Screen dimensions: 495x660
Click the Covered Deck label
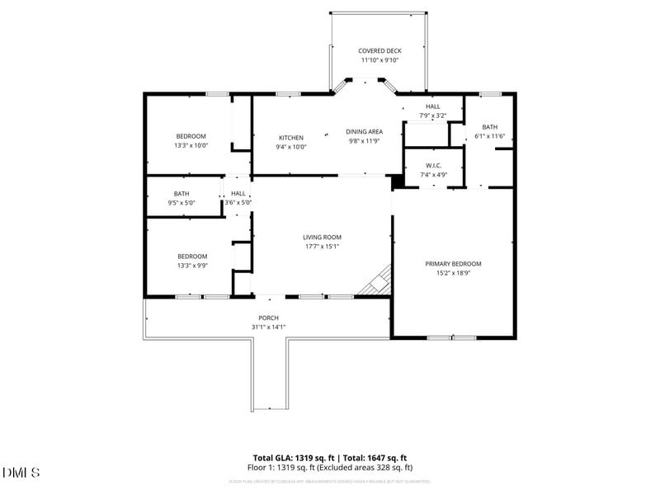[379, 50]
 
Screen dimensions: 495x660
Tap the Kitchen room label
[290, 138]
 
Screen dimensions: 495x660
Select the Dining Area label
[364, 131]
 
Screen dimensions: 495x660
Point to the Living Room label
[322, 237]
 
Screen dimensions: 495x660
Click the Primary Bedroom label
[453, 264]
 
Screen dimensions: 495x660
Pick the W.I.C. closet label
[433, 165]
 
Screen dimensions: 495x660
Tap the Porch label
[268, 318]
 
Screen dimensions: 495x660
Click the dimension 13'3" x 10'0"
[191, 145]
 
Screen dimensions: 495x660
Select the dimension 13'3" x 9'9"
[191, 265]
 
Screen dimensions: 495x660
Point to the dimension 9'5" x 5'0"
[181, 202]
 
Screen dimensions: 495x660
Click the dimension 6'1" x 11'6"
[490, 136]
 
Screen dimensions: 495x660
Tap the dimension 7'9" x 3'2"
[432, 115]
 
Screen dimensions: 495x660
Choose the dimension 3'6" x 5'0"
[238, 202]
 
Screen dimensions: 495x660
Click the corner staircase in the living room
[376, 280]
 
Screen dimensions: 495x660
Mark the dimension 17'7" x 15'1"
[322, 246]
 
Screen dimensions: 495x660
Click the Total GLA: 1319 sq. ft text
[295, 458]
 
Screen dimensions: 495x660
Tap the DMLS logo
[21, 472]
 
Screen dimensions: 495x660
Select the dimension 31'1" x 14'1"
[268, 327]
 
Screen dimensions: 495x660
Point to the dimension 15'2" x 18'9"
[453, 273]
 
